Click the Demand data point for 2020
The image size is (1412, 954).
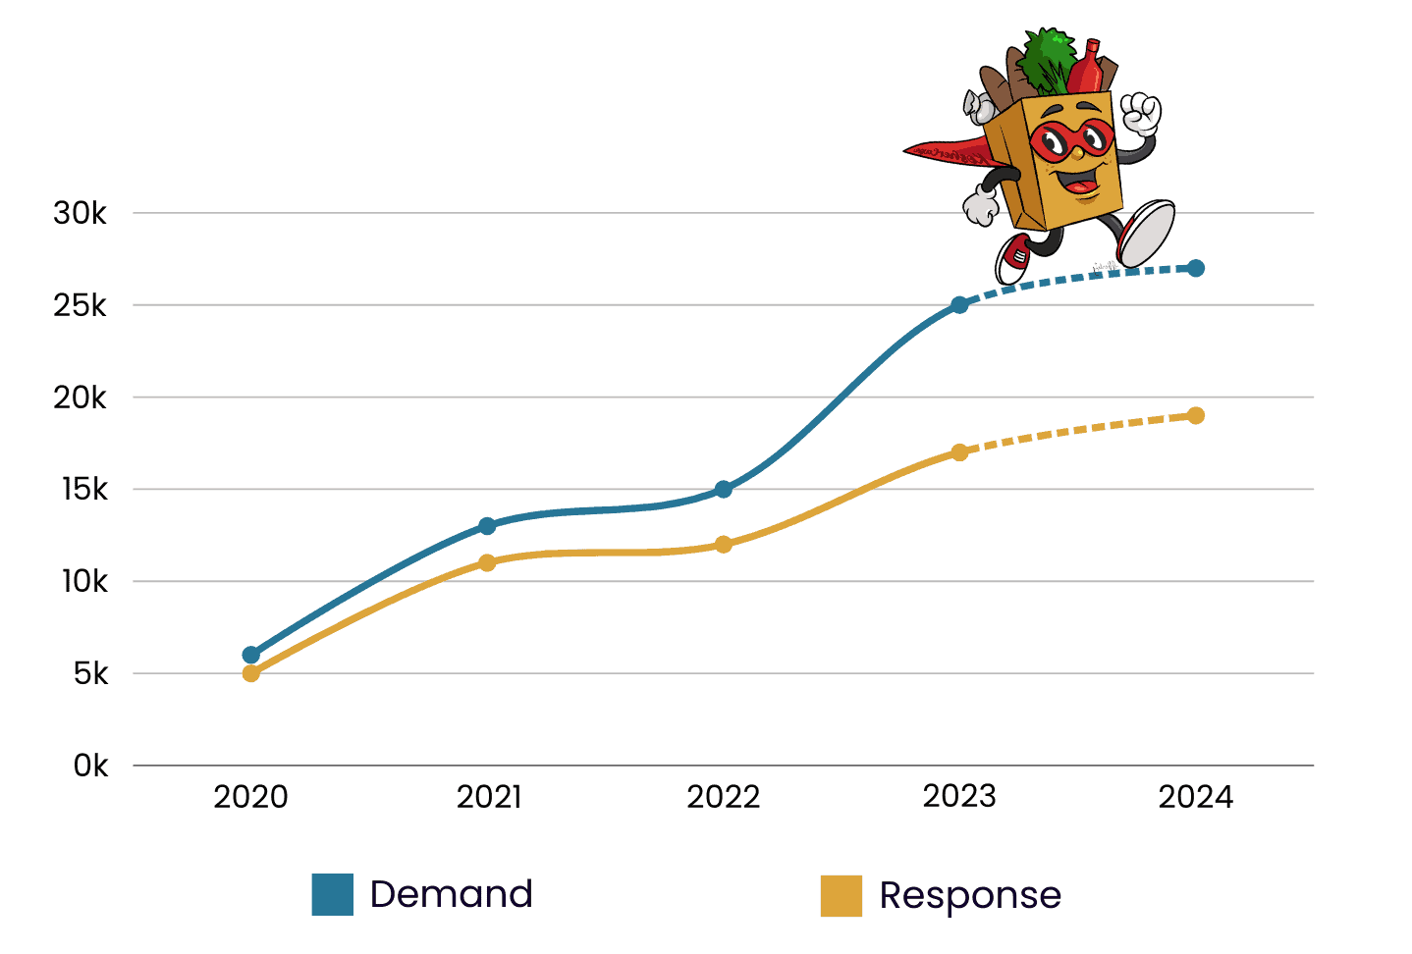250,655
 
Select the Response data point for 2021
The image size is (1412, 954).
487,562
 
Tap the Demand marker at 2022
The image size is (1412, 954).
724,489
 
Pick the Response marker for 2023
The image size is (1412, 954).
959,452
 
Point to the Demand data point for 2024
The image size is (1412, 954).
1196,268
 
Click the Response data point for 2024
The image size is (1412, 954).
1196,415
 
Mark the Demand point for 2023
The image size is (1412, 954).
959,305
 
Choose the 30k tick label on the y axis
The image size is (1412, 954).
81,213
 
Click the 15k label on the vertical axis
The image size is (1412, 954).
84,489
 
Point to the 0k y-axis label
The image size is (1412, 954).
90,766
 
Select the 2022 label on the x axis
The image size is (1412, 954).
724,797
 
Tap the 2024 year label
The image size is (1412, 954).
1196,797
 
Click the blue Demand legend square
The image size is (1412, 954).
333,894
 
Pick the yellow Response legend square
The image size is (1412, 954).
842,895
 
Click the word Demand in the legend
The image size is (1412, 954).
451,894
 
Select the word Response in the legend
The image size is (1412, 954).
970,895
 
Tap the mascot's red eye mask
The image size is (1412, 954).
1071,140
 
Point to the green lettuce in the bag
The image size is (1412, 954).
1045,61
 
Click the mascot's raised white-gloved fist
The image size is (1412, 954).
1141,112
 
